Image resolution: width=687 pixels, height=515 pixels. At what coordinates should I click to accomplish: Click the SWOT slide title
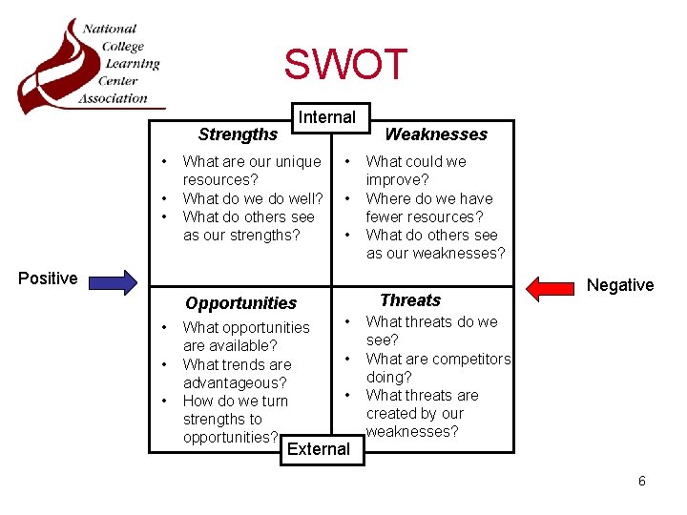point(345,65)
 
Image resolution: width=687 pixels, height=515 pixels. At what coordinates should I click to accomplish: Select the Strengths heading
point(238,134)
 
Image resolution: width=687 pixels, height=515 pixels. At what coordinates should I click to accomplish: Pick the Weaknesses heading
point(435,134)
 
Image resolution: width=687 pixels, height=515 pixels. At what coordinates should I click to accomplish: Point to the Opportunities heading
point(241,303)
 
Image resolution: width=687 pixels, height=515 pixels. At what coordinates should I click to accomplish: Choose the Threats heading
point(410,300)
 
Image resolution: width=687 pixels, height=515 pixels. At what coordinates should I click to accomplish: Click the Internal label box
point(327,117)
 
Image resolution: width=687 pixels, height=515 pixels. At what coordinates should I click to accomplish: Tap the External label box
point(319,449)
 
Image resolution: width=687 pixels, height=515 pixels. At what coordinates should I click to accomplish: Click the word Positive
point(48,278)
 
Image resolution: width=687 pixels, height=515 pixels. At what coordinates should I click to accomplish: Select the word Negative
point(620,285)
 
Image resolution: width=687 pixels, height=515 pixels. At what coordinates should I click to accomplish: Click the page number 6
point(642,482)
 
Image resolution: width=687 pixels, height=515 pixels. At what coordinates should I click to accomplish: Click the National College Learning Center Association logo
point(91,65)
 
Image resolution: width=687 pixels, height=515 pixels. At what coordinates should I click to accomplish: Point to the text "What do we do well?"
point(252,198)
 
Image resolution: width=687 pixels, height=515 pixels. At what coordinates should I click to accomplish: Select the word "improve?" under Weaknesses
point(398,180)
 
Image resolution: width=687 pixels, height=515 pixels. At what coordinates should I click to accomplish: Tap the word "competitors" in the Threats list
point(470,359)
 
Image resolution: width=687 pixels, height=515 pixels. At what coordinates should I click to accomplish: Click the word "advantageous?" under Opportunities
point(235,382)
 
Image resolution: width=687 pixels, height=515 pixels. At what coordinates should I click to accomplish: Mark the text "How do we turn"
point(235,401)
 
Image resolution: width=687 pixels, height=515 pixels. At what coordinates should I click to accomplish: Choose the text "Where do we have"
point(429,198)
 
